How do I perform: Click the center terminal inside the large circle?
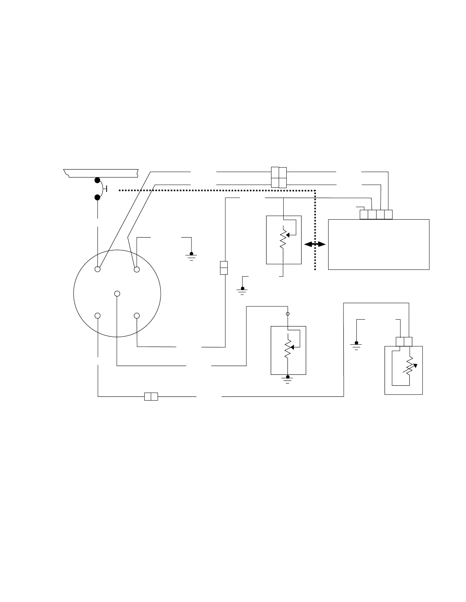click(117, 293)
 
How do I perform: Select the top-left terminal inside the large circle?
click(98, 269)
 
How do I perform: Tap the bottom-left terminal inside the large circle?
click(98, 316)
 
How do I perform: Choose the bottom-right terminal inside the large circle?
click(137, 316)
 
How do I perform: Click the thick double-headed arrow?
click(315, 245)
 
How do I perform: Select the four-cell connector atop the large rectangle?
click(376, 214)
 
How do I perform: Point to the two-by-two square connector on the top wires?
click(279, 177)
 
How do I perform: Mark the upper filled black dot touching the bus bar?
click(98, 180)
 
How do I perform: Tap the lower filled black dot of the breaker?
click(98, 197)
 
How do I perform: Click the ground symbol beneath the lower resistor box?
click(288, 379)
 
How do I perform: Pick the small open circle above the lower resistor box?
click(288, 314)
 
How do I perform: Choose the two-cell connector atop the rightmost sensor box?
click(404, 341)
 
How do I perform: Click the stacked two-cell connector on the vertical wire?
click(224, 268)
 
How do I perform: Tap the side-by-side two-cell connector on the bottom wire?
click(151, 397)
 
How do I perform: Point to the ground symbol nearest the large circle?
click(191, 255)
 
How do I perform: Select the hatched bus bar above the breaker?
click(101, 173)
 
